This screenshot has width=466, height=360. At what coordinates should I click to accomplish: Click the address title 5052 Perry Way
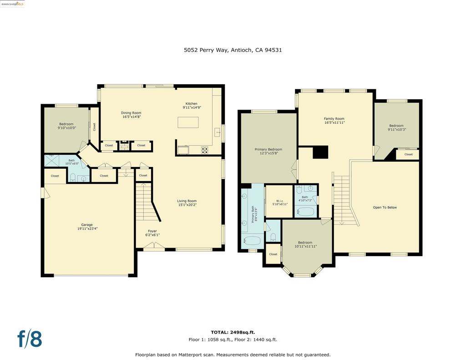click(x=233, y=50)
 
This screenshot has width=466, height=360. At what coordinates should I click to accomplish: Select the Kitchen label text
click(x=191, y=104)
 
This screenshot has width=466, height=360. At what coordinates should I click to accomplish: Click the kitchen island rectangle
click(x=188, y=122)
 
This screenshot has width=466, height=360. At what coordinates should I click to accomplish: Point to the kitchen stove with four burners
click(x=205, y=149)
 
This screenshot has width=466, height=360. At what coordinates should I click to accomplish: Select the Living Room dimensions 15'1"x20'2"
click(x=187, y=205)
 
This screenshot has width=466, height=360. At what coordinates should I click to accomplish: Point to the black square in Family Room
click(x=320, y=152)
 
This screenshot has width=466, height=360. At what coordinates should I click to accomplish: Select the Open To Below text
click(x=385, y=208)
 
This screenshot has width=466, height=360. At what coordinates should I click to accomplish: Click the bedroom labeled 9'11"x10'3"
click(x=396, y=128)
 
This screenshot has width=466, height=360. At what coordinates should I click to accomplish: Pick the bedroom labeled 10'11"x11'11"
click(x=305, y=244)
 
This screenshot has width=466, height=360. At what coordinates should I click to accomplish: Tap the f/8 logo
click(x=30, y=339)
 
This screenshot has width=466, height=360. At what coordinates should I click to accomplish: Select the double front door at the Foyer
click(x=154, y=248)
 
